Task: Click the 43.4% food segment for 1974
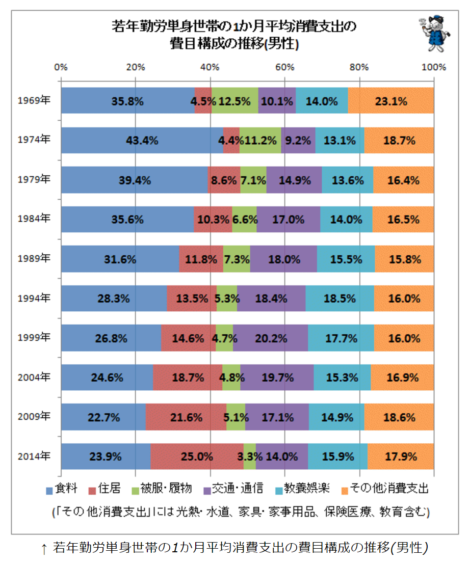point(142,140)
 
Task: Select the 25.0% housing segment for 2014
point(197,456)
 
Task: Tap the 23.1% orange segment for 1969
point(390,101)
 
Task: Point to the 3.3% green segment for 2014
point(250,456)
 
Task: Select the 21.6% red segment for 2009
point(186,417)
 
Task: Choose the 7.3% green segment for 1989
point(237,259)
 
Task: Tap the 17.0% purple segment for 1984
point(289,220)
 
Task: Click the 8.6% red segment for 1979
point(224,180)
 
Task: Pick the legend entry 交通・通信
point(233,489)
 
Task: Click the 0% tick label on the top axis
point(61,67)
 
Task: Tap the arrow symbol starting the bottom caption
point(44,549)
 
